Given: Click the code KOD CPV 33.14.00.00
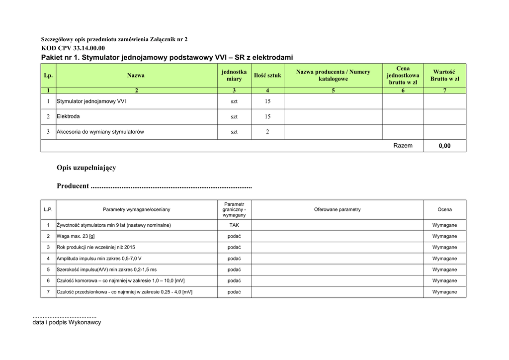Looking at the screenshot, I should [73, 48].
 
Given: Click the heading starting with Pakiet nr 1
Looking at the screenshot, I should [167, 58].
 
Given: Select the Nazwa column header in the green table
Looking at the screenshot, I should [136, 76].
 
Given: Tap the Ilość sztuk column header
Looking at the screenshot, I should [267, 76].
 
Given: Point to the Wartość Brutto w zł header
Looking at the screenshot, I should [444, 76].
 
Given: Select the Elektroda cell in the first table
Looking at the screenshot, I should [68, 116].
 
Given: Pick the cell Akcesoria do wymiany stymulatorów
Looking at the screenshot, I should [100, 132].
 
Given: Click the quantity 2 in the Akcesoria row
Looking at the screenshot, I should [267, 132].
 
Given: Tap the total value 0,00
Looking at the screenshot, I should [444, 146].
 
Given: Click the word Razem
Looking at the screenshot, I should [403, 146].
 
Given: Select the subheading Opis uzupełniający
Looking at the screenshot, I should [86, 168].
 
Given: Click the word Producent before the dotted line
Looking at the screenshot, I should [73, 186].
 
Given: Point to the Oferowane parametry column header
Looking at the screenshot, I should [337, 210].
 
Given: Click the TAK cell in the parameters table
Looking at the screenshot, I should [234, 225].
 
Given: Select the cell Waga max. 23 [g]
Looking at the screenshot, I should [76, 236].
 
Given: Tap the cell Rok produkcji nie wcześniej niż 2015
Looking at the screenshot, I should [96, 247].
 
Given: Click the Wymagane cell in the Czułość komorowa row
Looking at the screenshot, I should [444, 281].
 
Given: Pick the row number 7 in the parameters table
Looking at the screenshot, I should [48, 292].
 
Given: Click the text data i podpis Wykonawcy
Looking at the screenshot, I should [67, 322].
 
